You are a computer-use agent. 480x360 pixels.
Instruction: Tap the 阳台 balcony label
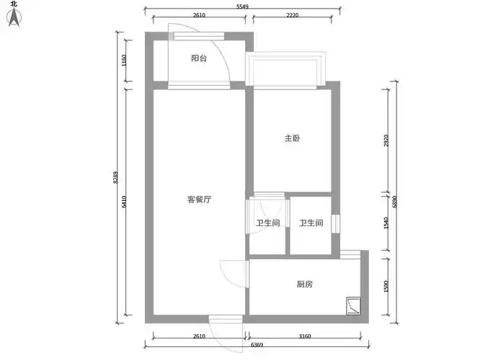(199, 58)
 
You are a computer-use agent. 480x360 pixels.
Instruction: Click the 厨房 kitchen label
(305, 284)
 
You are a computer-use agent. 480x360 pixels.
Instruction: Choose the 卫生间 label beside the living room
(268, 223)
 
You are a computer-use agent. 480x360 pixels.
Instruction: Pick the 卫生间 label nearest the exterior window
(311, 223)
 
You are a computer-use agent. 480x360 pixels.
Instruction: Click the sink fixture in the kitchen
(352, 305)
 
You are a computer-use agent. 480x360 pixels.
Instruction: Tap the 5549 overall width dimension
(243, 7)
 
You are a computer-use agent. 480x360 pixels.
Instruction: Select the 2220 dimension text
(293, 16)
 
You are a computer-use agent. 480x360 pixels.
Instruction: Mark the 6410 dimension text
(125, 202)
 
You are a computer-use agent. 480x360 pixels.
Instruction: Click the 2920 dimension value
(386, 142)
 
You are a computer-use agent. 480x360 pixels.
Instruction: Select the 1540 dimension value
(386, 223)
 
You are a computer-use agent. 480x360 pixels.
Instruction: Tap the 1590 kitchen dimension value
(386, 286)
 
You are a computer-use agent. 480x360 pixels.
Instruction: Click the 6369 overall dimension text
(257, 346)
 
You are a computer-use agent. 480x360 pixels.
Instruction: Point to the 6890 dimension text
(394, 202)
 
